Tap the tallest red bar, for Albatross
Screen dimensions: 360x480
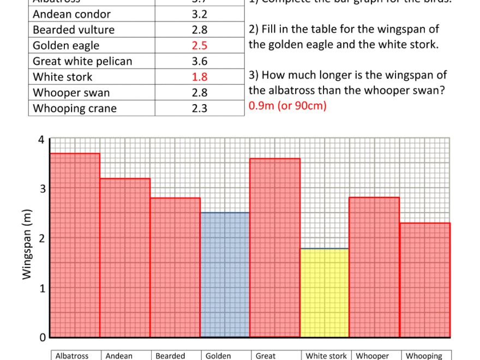75,245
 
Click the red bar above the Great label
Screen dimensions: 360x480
275,248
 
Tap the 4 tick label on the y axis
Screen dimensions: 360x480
41,140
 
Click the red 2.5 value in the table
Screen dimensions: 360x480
200,46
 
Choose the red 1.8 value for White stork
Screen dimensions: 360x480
200,77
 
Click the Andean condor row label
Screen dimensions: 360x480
71,14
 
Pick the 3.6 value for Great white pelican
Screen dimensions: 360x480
200,62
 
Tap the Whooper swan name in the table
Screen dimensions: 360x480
71,93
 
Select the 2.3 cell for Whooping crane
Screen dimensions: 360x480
200,109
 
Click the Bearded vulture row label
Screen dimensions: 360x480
74,30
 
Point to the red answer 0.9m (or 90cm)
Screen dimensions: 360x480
287,106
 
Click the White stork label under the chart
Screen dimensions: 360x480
326,356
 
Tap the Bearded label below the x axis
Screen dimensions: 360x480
170,356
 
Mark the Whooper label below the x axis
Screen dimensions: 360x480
373,356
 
